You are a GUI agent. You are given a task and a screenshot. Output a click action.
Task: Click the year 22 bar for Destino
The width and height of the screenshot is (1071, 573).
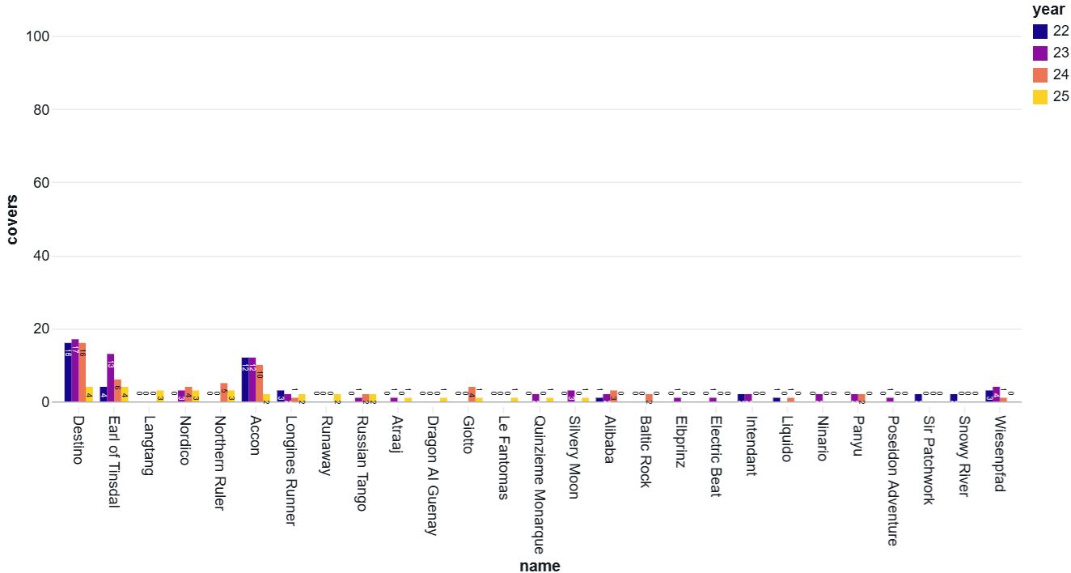68,372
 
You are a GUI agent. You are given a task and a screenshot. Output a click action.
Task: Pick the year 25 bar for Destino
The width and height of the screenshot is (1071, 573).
89,395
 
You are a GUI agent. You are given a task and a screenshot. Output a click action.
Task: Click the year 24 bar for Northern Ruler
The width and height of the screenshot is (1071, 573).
224,393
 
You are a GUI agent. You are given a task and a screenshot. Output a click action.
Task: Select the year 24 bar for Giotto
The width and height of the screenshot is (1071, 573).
472,395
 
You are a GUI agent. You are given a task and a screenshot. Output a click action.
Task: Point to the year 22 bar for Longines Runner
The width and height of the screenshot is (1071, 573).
281,397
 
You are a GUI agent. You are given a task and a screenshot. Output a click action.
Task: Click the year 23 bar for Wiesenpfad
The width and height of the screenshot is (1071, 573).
997,395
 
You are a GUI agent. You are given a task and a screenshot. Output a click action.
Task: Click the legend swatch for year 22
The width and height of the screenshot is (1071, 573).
1040,32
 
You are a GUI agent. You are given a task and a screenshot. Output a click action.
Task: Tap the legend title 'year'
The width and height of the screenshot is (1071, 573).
1048,11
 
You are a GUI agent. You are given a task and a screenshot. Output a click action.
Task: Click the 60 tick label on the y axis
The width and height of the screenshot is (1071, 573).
42,183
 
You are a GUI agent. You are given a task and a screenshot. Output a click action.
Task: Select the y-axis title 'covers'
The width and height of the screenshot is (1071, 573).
12,219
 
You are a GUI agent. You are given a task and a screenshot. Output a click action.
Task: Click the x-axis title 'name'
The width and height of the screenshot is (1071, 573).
540,566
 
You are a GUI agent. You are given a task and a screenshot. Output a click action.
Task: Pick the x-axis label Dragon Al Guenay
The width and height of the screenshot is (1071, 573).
433,476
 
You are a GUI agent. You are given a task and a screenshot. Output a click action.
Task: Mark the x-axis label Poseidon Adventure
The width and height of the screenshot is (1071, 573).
892,481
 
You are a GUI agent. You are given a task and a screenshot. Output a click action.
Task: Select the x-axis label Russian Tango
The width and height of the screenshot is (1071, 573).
362,464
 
